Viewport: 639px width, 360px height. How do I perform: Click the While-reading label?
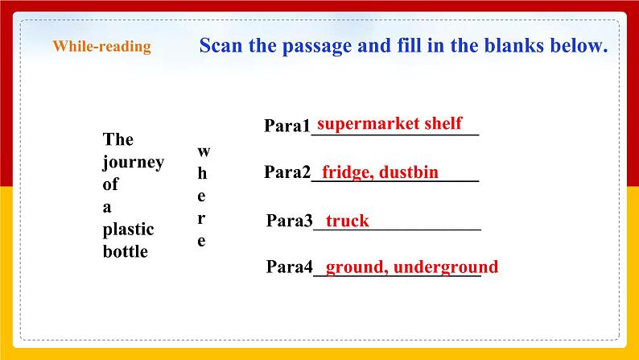pyautogui.click(x=101, y=47)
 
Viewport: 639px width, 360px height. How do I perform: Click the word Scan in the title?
pyautogui.click(x=222, y=45)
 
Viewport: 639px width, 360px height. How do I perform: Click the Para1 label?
pyautogui.click(x=287, y=126)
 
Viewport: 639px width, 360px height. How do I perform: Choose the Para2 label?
pyautogui.click(x=287, y=173)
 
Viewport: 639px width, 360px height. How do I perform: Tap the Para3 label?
pyautogui.click(x=288, y=221)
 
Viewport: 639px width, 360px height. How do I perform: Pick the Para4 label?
pyautogui.click(x=288, y=268)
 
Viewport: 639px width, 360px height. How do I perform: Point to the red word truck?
pyautogui.click(x=347, y=221)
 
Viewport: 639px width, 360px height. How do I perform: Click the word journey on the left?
pyautogui.click(x=133, y=163)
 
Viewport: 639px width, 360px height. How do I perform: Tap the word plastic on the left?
pyautogui.click(x=128, y=230)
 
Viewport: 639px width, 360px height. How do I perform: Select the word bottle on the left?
pyautogui.click(x=126, y=252)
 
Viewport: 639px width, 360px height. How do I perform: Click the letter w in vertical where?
pyautogui.click(x=203, y=151)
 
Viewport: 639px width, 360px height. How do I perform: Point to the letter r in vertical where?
pyautogui.click(x=203, y=218)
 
